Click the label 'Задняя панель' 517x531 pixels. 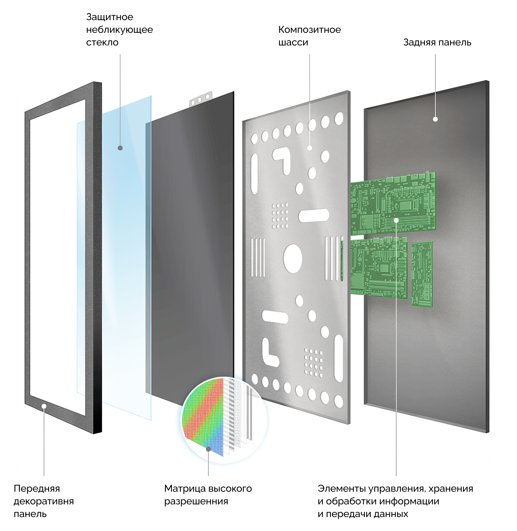pos(437,43)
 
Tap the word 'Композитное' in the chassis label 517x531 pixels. pos(310,30)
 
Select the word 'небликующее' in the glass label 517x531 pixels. pos(119,30)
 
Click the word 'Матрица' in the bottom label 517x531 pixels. pos(185,488)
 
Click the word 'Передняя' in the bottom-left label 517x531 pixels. pos(37,489)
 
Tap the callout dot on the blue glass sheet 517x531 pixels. pos(120,148)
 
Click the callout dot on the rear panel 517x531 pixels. pos(435,119)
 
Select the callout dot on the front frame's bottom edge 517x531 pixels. pos(44,406)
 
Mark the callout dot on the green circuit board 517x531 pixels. pos(396,221)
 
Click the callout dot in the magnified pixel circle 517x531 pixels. pos(208,449)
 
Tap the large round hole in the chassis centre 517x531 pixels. pos(293,259)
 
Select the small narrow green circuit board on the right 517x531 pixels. pos(422,274)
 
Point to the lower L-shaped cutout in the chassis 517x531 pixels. pos(270,352)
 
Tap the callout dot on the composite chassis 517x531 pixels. pos(310,148)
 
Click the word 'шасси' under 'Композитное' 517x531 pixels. pos(293,43)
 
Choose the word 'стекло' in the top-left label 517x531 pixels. pos(102,43)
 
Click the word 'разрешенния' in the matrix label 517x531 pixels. pos(196,501)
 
